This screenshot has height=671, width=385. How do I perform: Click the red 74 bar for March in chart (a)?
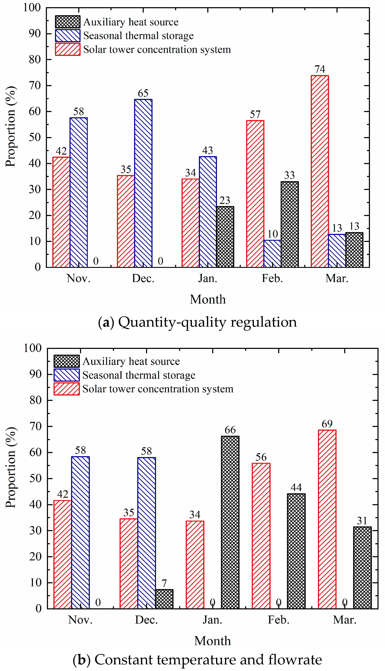[x=320, y=171]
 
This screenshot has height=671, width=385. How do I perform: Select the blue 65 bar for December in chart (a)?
[x=143, y=183]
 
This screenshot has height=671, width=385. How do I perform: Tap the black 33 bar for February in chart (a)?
[x=290, y=224]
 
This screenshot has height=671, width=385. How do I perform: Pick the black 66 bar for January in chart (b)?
[x=230, y=522]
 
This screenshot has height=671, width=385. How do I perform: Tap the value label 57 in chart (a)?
[x=255, y=114]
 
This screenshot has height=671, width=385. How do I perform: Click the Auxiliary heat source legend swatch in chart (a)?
[x=68, y=22]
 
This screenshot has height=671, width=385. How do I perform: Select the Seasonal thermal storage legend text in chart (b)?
[x=139, y=375]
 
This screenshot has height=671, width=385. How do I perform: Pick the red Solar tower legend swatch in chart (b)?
[x=67, y=389]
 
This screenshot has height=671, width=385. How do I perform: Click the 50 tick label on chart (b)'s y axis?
[x=35, y=478]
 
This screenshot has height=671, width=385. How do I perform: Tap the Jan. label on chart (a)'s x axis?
[x=208, y=278]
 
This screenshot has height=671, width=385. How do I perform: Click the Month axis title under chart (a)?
[x=208, y=300]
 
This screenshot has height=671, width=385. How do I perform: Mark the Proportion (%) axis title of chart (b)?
[x=11, y=467]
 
